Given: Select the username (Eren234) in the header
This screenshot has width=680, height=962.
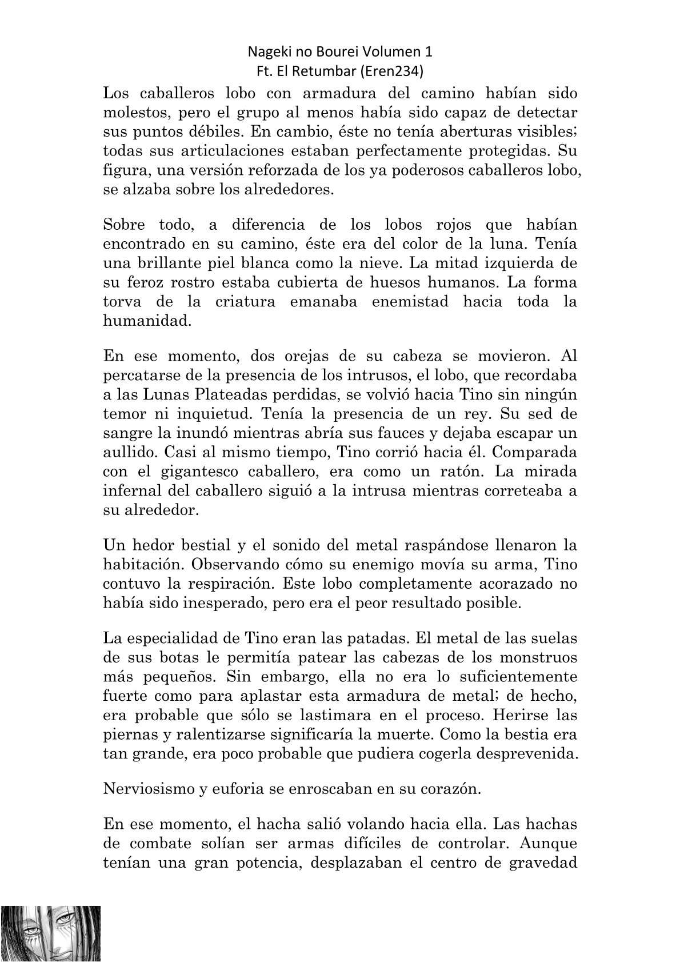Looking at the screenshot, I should click(x=395, y=71).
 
